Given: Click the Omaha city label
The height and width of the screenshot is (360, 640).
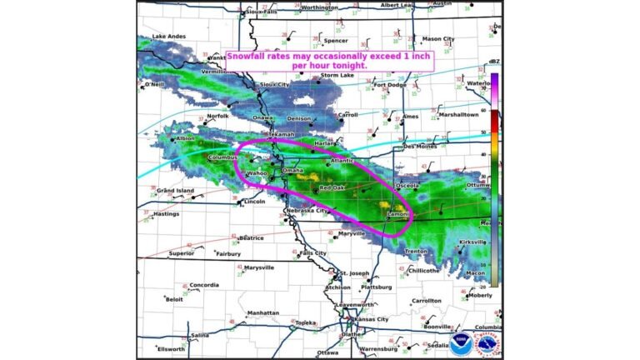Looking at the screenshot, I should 293,170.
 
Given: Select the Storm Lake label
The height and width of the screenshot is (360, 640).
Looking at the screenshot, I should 337,75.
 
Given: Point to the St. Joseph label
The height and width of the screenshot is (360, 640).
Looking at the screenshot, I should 354,273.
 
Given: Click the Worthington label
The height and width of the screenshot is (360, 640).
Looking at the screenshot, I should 319,7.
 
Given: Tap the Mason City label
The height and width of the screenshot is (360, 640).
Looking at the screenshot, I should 438,39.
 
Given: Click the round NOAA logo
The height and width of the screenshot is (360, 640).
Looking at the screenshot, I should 462,342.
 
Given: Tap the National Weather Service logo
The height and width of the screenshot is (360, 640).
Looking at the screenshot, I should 487,342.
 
